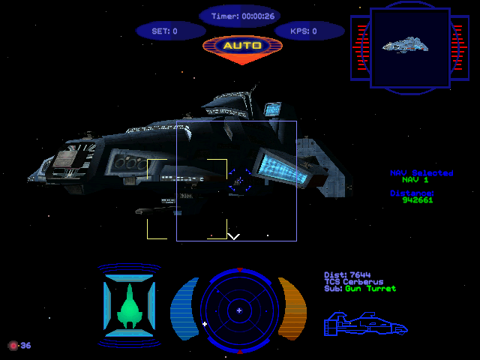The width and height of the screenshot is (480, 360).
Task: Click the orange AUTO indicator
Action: pos(242,46)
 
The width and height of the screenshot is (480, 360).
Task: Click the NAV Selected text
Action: pos(421,172)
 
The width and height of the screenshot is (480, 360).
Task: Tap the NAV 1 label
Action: pos(415,180)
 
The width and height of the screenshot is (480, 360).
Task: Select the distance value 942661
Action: pos(417,200)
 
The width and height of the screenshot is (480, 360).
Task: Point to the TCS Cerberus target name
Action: pos(353,281)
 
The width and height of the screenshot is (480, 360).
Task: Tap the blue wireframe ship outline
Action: pos(365,324)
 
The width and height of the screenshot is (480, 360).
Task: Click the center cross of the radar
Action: pos(238,309)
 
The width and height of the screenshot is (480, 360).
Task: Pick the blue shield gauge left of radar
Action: pos(184,308)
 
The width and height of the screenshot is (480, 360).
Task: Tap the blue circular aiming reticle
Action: pos(240,180)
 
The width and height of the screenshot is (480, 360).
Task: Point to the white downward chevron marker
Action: pos(234,237)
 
